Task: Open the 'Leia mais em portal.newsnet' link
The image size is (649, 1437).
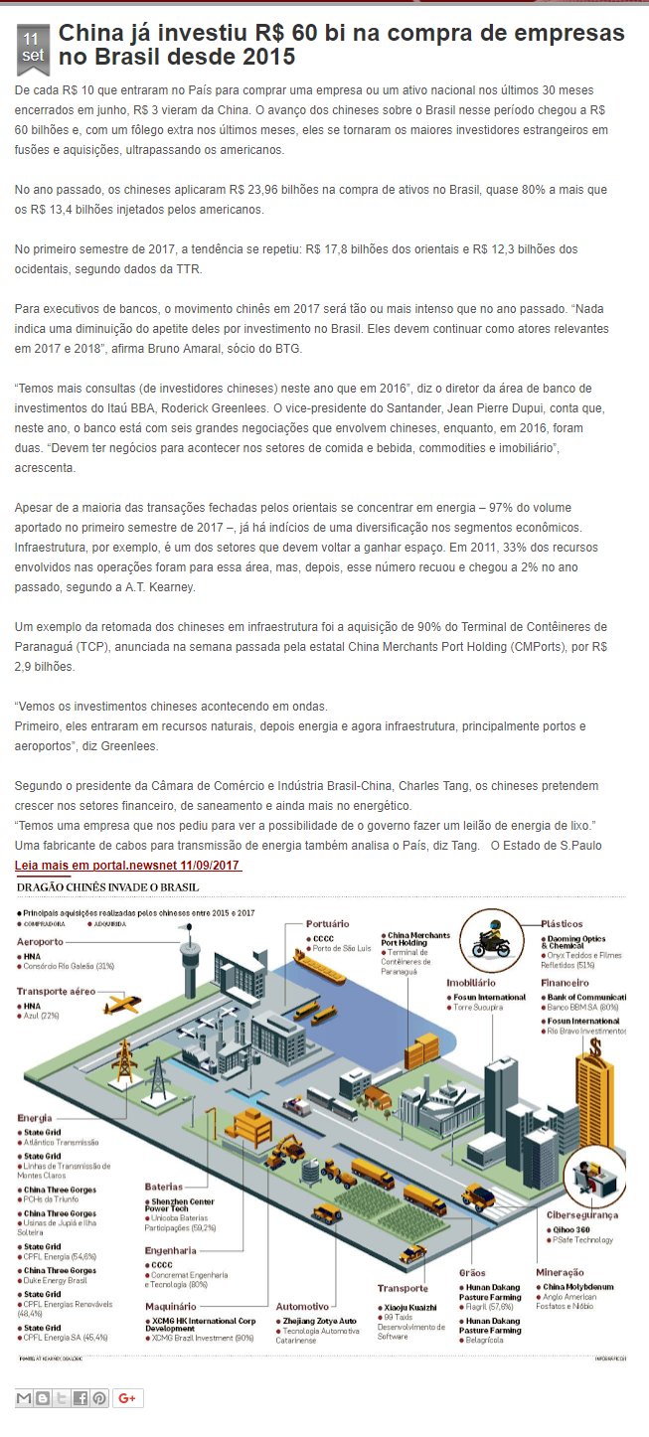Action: [x=128, y=865]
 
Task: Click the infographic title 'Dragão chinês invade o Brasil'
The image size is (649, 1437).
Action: [x=108, y=886]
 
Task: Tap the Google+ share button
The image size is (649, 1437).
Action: [x=127, y=1398]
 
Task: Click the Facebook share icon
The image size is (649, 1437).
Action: [x=81, y=1398]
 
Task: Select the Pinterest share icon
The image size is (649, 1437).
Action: [x=99, y=1398]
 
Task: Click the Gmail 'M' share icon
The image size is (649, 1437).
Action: [x=25, y=1398]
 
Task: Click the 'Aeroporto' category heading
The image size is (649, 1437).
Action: [x=41, y=941]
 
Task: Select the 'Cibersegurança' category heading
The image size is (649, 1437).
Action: [x=582, y=1214]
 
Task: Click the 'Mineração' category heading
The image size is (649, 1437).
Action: [x=560, y=1272]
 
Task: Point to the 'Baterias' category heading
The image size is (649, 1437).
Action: [x=164, y=1187]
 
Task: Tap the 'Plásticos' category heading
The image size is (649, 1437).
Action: [x=562, y=924]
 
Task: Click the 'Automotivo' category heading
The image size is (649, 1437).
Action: [x=302, y=1306]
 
